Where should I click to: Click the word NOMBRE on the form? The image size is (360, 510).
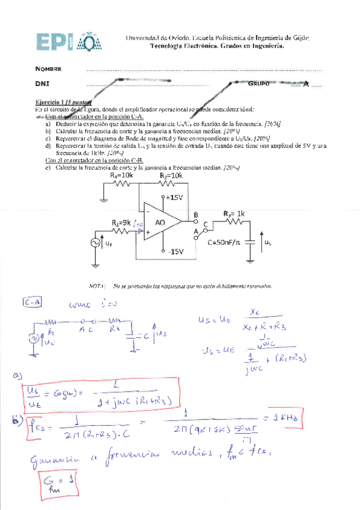pos(49,69)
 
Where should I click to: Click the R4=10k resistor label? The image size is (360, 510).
pos(123,175)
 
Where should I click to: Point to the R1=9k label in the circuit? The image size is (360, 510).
pos(121,222)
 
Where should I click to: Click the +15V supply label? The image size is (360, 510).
pos(175,197)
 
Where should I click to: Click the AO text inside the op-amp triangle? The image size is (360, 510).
pos(160,223)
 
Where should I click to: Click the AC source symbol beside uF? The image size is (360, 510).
pos(96,243)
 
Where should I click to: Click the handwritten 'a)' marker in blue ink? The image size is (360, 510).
pos(16,377)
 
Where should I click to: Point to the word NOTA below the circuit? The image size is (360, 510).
pos(97,286)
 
